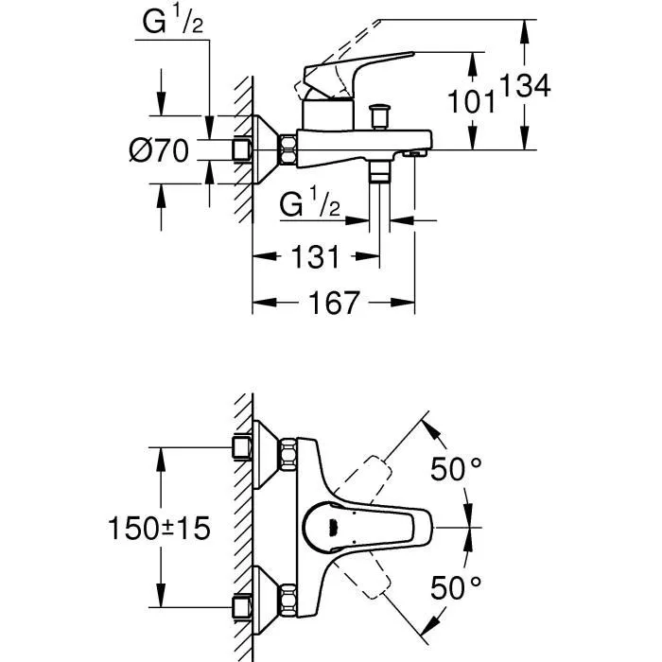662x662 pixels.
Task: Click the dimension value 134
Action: [525, 86]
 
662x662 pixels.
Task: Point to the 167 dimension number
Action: [333, 303]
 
